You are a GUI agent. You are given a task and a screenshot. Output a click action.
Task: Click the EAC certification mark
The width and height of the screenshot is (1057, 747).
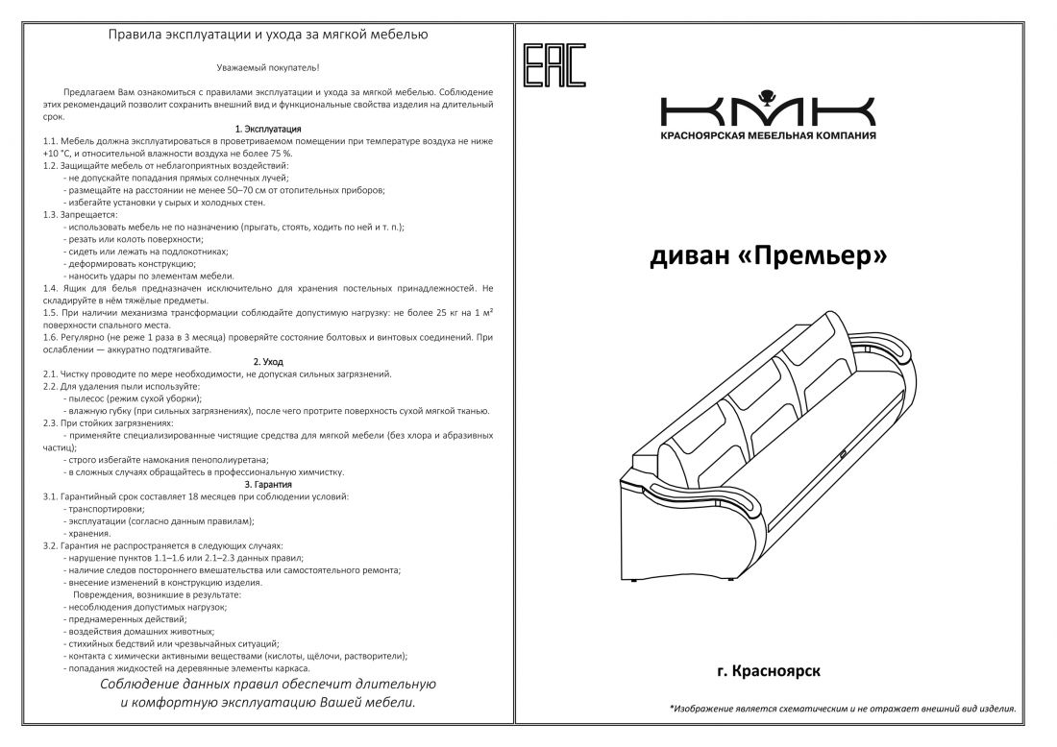[x=554, y=65]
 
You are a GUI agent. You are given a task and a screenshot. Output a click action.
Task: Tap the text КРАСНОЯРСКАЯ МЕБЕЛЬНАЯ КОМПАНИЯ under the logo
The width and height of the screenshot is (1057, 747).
[x=768, y=135]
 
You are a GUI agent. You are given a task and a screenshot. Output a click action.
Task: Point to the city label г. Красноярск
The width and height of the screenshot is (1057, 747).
[x=769, y=671]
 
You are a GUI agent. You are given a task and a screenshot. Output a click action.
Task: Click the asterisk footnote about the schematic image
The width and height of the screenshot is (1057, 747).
[x=842, y=708]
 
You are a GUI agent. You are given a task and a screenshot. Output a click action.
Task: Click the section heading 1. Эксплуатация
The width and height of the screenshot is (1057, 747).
[x=268, y=129]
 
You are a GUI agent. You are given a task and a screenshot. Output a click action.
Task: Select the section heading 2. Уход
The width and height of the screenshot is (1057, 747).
[x=268, y=362]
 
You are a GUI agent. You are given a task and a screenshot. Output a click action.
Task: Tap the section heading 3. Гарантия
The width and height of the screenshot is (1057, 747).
[x=268, y=484]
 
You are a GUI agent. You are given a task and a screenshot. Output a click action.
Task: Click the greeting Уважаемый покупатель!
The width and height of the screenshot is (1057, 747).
[x=268, y=67]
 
